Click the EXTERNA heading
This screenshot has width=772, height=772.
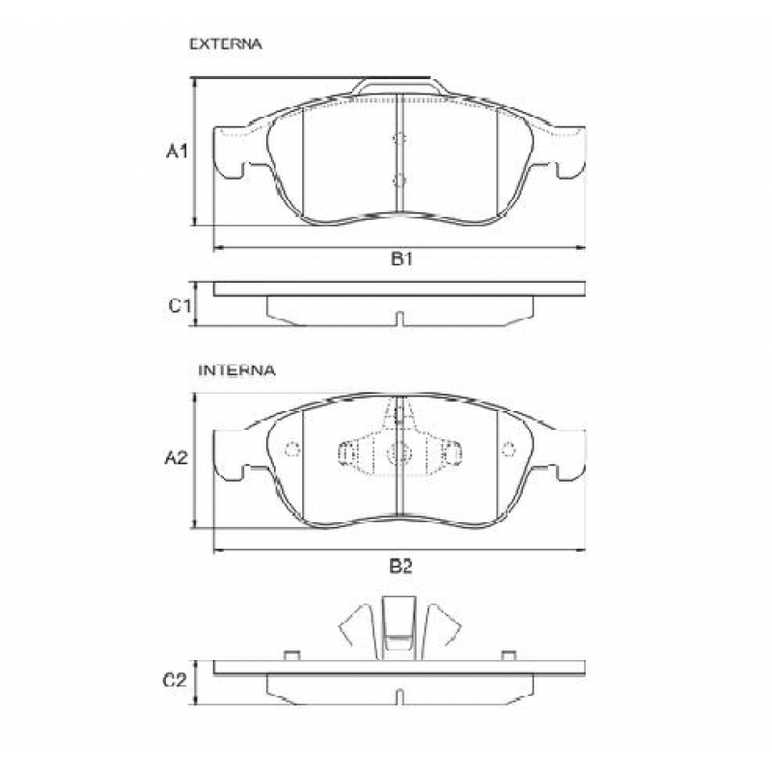(226, 44)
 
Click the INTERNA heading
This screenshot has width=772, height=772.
(237, 370)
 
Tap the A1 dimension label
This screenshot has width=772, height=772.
(176, 152)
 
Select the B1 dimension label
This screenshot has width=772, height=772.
(401, 259)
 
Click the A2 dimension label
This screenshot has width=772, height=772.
(175, 458)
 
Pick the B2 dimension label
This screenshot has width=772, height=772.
(401, 565)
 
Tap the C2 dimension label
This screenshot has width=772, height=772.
(175, 680)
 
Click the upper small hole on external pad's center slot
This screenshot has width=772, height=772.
(400, 139)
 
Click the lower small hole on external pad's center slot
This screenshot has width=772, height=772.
(400, 179)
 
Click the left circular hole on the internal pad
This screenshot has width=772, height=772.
(292, 449)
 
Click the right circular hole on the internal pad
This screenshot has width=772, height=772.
(509, 449)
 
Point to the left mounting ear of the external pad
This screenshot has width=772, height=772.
(232, 153)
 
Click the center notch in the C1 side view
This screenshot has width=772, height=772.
(400, 317)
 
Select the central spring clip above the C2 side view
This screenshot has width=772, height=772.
(400, 627)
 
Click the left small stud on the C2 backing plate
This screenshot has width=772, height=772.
(289, 656)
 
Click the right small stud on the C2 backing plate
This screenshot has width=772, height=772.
(509, 656)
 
